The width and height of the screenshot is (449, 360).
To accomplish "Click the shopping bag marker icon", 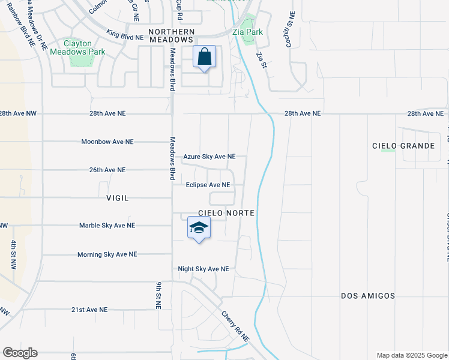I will click(x=205, y=58).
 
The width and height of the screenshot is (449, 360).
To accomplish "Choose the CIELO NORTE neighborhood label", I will click(x=227, y=213).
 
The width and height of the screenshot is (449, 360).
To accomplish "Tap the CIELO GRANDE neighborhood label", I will click(x=403, y=146).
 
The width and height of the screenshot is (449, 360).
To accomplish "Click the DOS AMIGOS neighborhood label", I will click(x=368, y=296).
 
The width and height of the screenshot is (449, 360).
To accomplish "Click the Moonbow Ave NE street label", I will click(x=107, y=142).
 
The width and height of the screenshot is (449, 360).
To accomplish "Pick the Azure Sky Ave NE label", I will click(x=209, y=157).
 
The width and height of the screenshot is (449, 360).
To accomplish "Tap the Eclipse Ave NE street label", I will click(x=208, y=185).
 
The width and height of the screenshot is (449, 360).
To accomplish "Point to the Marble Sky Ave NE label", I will click(x=107, y=226).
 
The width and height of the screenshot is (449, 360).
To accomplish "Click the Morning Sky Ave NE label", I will click(x=107, y=254).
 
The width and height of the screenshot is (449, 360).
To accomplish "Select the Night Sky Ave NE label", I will click(x=203, y=269).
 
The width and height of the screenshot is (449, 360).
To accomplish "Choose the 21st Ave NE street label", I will click(x=89, y=310).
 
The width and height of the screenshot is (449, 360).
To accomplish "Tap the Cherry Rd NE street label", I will click(x=235, y=326).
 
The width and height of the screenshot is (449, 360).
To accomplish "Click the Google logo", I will click(x=20, y=353).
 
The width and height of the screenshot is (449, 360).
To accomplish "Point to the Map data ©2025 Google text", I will click(x=411, y=355).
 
